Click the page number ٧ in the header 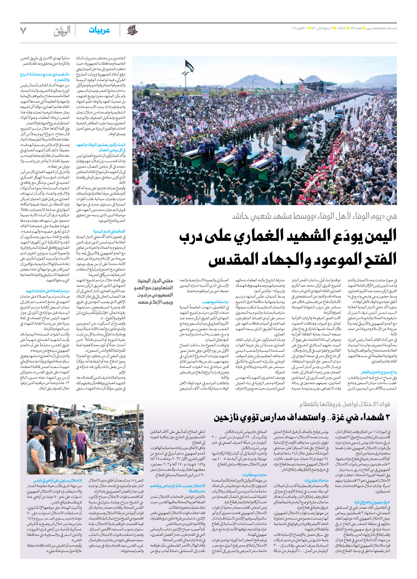tap(23, 31)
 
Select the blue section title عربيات tap(99, 30)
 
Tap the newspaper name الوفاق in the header tap(62, 31)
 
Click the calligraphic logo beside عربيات tap(132, 30)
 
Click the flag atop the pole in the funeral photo tap(189, 66)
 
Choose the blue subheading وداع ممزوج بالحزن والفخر tap(379, 372)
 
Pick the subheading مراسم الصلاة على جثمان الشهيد tap(48, 291)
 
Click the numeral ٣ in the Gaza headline tap(387, 417)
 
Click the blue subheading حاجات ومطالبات tap(255, 475)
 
